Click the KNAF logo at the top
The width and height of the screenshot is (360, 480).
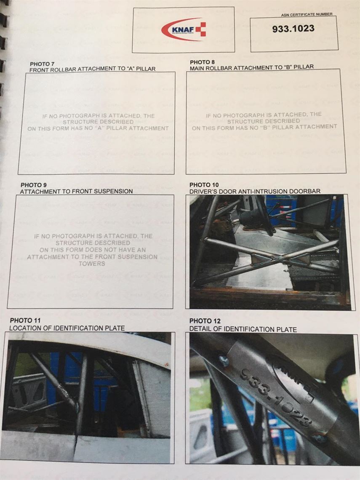pos(183,30)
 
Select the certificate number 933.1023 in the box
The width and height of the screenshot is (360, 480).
pos(293,29)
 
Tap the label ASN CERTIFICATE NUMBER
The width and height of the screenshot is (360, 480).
pos(307,14)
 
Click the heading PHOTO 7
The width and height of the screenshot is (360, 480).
pos(42,64)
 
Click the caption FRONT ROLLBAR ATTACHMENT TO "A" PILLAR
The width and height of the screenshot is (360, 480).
pos(93,69)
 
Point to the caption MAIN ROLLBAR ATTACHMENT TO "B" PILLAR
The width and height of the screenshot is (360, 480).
pos(252,67)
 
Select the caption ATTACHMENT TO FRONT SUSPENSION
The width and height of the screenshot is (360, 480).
pos(77,191)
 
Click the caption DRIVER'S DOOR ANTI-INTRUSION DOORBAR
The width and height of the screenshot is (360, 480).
pos(255,191)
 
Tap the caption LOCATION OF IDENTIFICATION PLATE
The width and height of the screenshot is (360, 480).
pos(67,328)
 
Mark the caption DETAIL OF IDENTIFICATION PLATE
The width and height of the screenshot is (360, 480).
pos(243,329)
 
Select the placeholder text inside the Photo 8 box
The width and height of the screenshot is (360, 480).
pos(264,121)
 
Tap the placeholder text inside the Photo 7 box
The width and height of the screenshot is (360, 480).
pos(98,122)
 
